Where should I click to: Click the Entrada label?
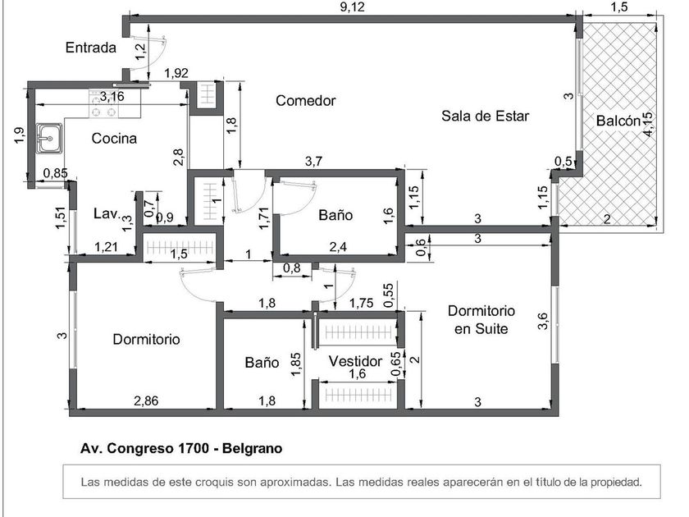pyautogui.click(x=91, y=48)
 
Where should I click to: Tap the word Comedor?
pyautogui.click(x=305, y=101)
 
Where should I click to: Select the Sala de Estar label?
pyautogui.click(x=485, y=116)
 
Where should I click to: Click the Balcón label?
pyautogui.click(x=618, y=121)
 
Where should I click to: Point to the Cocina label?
pyautogui.click(x=114, y=138)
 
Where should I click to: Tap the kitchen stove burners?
pyautogui.click(x=103, y=103)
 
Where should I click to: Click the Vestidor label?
pyautogui.click(x=355, y=361)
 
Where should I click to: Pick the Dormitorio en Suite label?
pyautogui.click(x=481, y=320)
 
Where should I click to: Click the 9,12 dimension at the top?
pyautogui.click(x=352, y=7)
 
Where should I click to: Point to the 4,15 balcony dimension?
pyautogui.click(x=648, y=125)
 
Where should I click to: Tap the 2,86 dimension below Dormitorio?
pyautogui.click(x=146, y=400)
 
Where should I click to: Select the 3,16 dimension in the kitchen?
pyautogui.click(x=112, y=96)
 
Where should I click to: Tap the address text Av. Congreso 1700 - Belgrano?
pyautogui.click(x=180, y=449)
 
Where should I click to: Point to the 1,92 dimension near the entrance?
pyautogui.click(x=176, y=74)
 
